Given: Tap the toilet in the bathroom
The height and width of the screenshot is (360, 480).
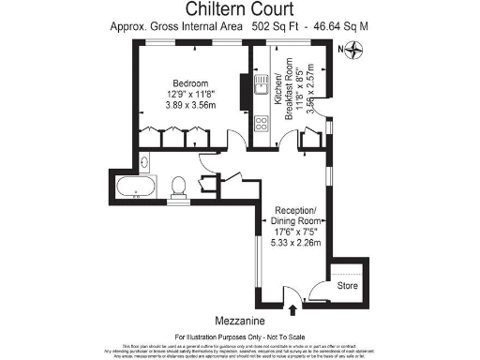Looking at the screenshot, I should [202, 186].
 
